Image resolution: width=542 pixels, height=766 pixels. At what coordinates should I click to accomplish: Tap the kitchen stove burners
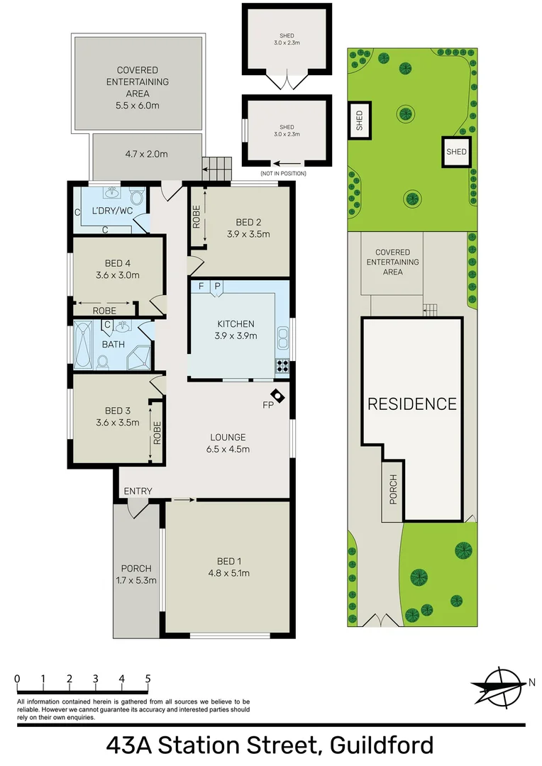tap(282, 367)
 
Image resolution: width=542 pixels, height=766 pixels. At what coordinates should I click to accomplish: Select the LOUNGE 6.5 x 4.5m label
tap(228, 443)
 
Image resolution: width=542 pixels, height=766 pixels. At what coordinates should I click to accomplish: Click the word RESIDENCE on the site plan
tap(411, 404)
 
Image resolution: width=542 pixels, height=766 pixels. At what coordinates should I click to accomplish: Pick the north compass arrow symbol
tap(501, 685)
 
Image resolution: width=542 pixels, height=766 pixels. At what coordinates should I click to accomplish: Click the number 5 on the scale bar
tap(148, 679)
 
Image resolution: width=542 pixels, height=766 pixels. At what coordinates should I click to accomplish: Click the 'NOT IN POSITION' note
tap(283, 174)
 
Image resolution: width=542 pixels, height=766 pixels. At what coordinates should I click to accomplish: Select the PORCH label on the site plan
tap(393, 489)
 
